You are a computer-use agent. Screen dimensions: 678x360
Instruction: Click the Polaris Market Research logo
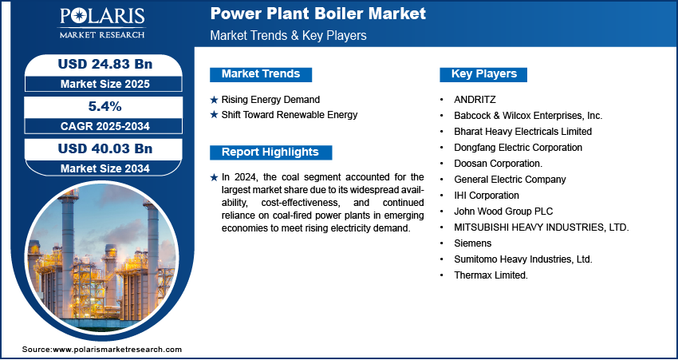[102, 23]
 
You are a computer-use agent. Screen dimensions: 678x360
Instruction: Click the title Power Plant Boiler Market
[317, 14]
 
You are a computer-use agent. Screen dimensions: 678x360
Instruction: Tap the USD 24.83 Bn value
[105, 64]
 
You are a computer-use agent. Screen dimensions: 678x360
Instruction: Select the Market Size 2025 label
[105, 84]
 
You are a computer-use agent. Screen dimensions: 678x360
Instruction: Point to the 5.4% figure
[105, 106]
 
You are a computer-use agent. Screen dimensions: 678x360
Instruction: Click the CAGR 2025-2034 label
[105, 126]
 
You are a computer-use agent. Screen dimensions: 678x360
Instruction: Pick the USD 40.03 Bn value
[105, 148]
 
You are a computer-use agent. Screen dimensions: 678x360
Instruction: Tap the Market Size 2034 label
[105, 168]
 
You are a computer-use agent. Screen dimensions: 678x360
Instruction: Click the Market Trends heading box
[261, 74]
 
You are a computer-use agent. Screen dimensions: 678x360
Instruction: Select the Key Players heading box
[483, 74]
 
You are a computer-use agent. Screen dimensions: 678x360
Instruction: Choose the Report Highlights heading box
[270, 152]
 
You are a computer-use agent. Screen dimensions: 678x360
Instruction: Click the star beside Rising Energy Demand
[214, 100]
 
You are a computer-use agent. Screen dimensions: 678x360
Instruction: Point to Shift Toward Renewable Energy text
[290, 115]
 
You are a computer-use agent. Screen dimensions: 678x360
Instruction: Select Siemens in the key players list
[473, 243]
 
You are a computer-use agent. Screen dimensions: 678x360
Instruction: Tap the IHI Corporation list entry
[487, 195]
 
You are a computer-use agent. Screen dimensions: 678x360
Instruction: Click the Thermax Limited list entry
[491, 275]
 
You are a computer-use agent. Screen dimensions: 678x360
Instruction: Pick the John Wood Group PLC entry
[503, 212]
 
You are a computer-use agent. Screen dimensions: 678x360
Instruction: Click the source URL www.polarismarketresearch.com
[117, 350]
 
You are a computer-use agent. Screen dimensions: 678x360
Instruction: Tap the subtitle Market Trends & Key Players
[289, 35]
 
